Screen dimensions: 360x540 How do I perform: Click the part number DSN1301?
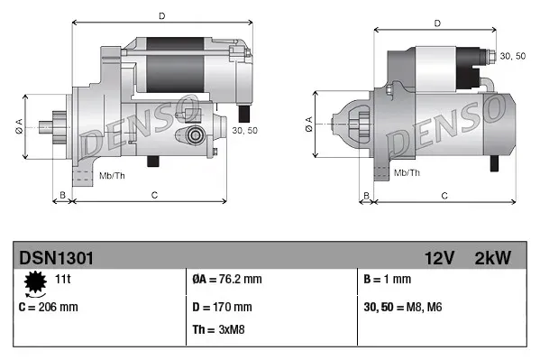tap(56, 258)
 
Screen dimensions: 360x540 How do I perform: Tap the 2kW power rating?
tap(492, 258)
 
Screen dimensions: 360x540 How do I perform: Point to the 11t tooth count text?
tap(62, 280)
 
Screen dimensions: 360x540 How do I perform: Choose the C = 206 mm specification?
tap(49, 307)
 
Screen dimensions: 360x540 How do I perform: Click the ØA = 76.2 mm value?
tap(227, 280)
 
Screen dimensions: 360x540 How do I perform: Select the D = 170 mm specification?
tap(224, 307)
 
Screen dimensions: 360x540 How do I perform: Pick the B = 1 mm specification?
tap(385, 280)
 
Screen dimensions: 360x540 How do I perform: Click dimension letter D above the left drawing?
tap(161, 15)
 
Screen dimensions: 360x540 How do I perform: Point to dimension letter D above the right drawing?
tap(437, 23)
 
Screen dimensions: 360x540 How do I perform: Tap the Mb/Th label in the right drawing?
tap(407, 171)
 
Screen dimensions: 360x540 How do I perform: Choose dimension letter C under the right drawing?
tap(445, 194)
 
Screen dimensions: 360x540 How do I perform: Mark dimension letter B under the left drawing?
tap(62, 194)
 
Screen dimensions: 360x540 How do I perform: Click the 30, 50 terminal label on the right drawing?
tap(512, 56)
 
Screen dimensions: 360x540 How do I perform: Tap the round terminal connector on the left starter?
tap(195, 136)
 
